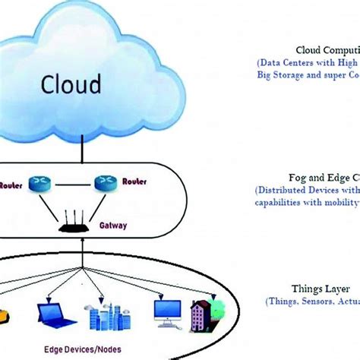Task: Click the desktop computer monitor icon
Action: click(166, 311)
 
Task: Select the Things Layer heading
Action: click(311, 289)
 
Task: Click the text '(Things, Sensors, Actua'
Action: click(311, 302)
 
